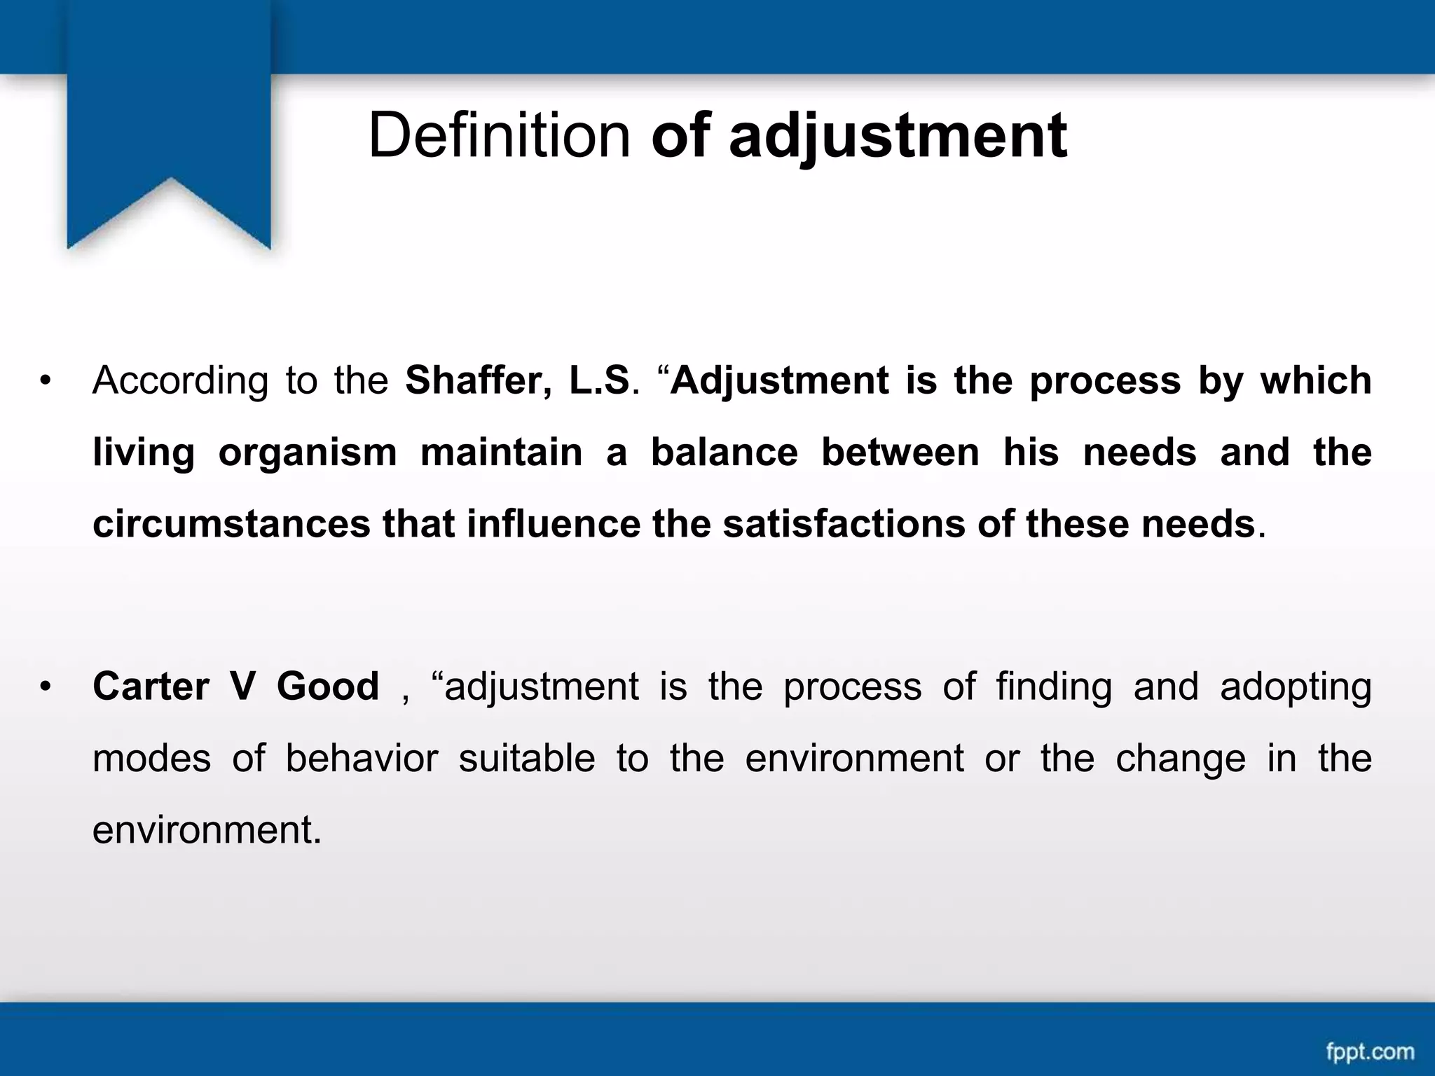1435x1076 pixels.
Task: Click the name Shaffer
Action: click(477, 380)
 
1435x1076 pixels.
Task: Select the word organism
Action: click(308, 452)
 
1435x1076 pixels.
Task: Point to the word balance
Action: click(725, 452)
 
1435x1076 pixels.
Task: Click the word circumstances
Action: click(231, 524)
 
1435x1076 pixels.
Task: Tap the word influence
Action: click(554, 524)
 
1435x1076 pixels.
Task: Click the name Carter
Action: click(151, 686)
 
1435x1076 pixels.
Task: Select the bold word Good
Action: click(328, 686)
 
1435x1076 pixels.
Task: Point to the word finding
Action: click(1054, 686)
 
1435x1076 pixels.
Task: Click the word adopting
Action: click(1296, 687)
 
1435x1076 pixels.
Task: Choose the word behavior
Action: click(362, 758)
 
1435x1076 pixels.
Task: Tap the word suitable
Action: click(527, 758)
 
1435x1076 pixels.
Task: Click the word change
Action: click(1181, 759)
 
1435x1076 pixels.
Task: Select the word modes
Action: click(151, 758)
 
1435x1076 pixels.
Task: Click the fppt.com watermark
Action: click(1370, 1051)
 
